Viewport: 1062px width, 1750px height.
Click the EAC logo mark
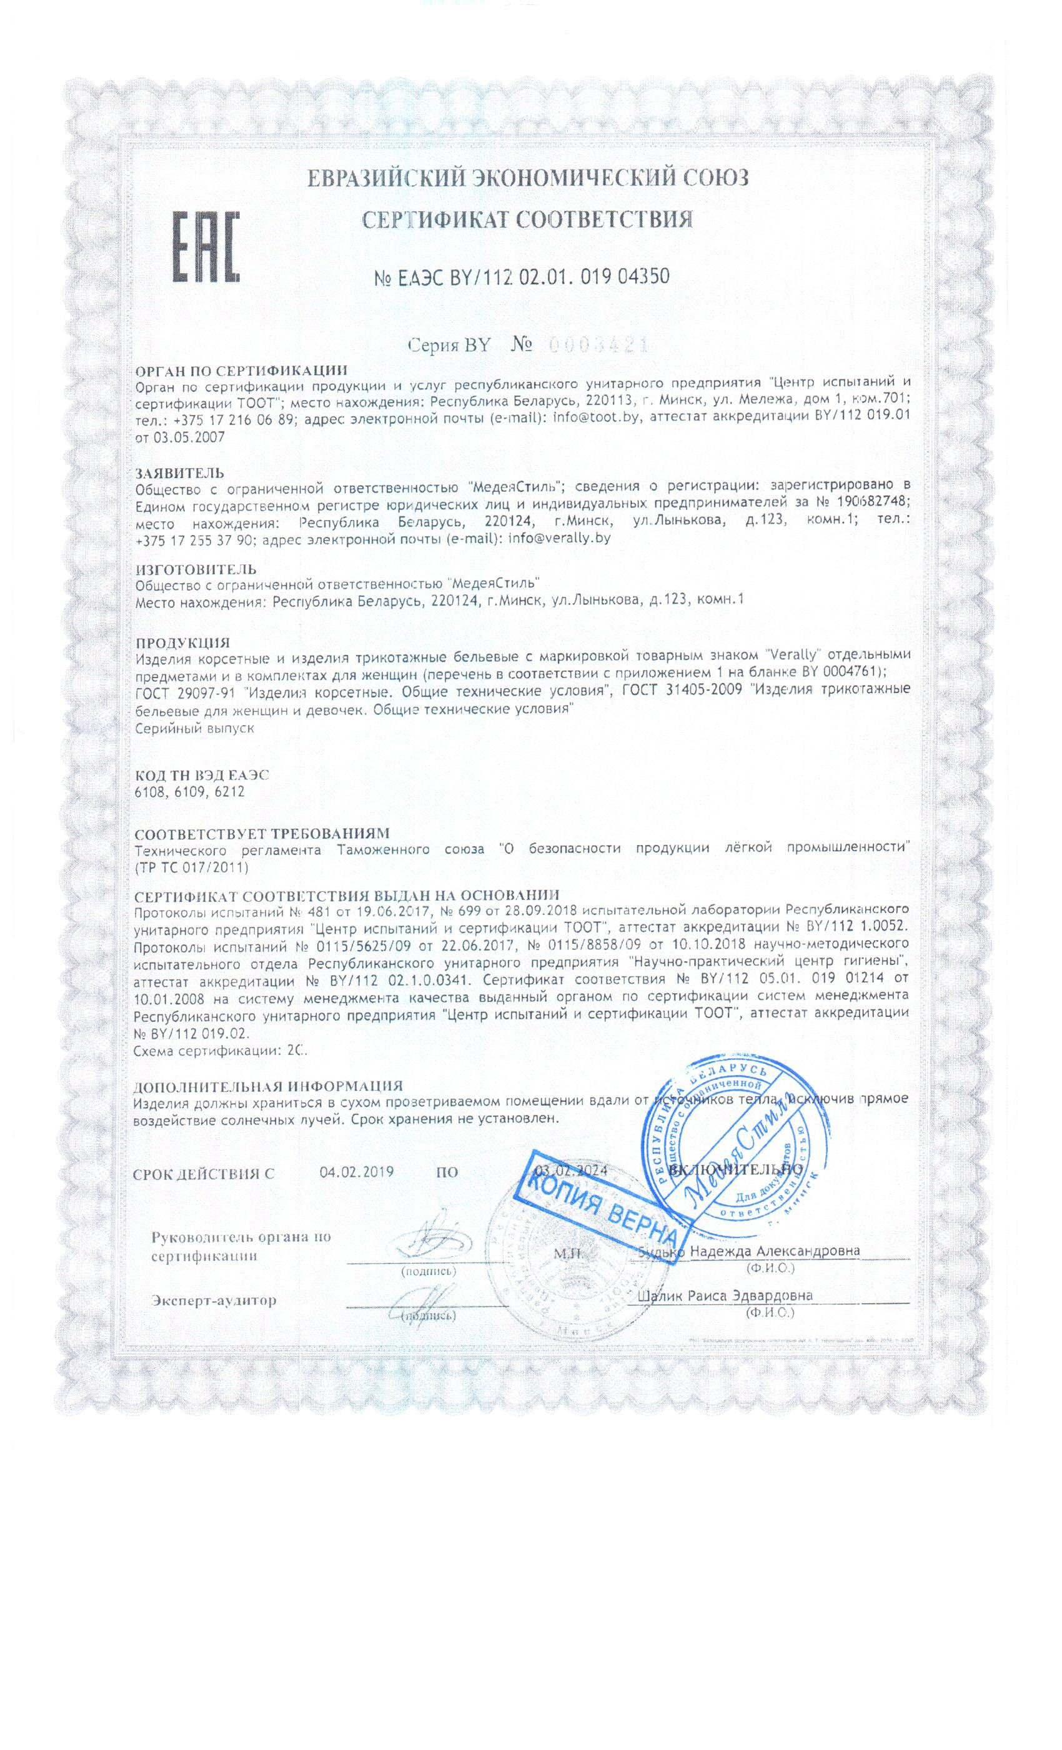206,246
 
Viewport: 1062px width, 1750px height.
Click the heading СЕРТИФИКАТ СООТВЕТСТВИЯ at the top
527,219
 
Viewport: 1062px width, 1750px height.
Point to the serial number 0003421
598,346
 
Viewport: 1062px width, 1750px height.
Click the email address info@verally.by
559,538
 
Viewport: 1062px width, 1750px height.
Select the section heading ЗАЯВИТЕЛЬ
180,472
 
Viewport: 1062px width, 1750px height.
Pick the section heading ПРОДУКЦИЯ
182,642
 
